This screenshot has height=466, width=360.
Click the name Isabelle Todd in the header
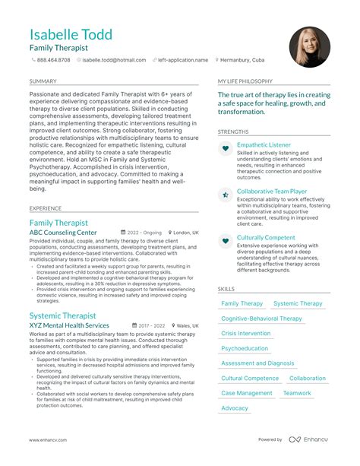[x=71, y=34]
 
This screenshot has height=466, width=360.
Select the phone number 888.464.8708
[x=53, y=59]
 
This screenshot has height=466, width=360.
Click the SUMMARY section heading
[x=43, y=81]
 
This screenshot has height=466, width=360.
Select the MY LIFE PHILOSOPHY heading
[x=245, y=81]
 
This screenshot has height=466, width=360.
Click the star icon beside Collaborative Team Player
[x=226, y=195]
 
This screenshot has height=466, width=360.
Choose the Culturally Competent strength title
[x=266, y=238]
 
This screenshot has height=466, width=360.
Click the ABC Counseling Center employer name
[x=63, y=233]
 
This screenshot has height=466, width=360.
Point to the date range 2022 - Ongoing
[x=144, y=233]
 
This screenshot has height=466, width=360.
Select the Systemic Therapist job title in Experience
[x=63, y=315]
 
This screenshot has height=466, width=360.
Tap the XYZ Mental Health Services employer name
[x=69, y=325]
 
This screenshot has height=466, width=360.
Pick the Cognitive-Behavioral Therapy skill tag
[x=261, y=319]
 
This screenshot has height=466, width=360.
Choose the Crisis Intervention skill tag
[x=245, y=334]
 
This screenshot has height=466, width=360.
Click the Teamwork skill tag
[x=297, y=393]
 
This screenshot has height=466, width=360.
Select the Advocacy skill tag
[x=235, y=408]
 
